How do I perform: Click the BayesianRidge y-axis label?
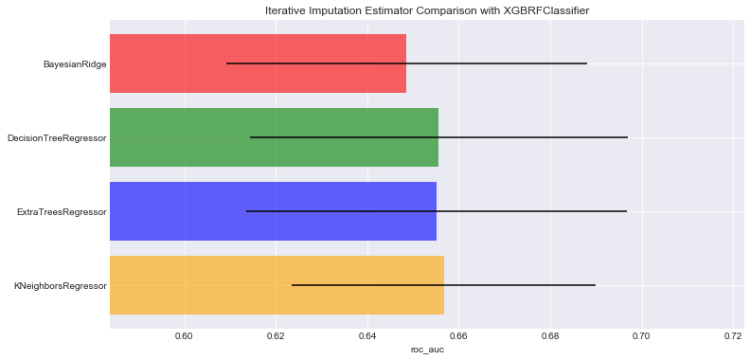[74, 64]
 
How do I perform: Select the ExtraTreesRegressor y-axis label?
[62, 211]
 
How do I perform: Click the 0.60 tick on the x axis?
[185, 335]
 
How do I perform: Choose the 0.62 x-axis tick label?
[276, 335]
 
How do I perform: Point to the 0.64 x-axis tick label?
[367, 335]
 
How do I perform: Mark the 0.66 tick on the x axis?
[459, 335]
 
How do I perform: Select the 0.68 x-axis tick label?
[550, 335]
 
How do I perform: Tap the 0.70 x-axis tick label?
[642, 335]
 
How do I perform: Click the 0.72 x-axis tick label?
[733, 335]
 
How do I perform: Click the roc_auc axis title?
[426, 350]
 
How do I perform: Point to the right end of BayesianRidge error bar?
[587, 63]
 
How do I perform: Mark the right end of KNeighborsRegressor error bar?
[596, 285]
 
